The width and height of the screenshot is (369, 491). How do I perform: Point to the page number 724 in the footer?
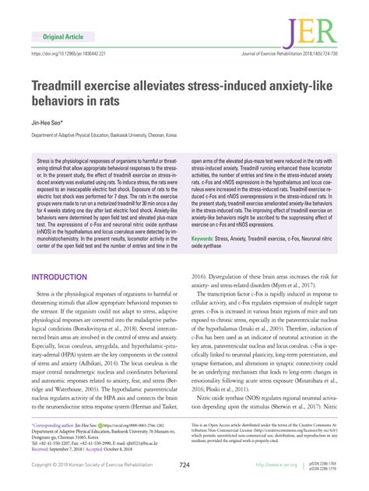pos(184,465)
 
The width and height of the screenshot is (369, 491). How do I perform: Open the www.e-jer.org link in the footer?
pos(280,465)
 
